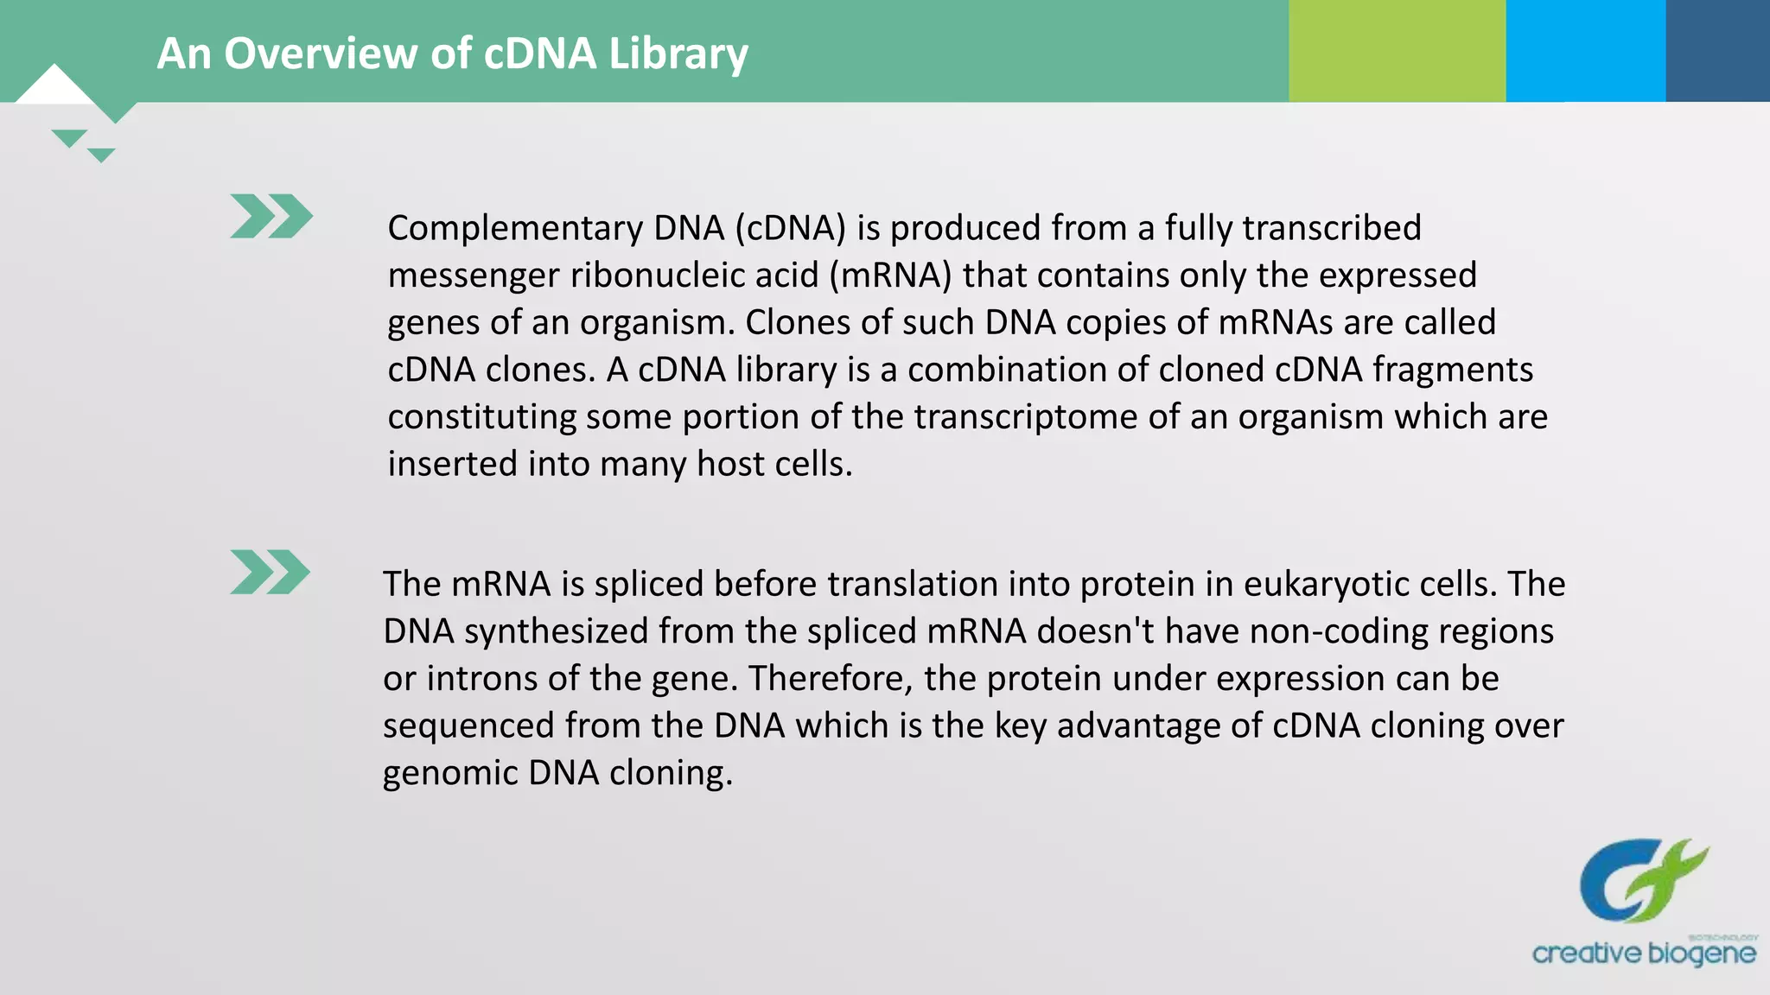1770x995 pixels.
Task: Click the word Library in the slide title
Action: (x=678, y=54)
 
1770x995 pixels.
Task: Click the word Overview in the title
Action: (x=321, y=54)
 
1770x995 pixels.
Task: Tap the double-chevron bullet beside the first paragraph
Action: (x=271, y=216)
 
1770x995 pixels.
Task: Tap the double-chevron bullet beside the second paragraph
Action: (x=270, y=572)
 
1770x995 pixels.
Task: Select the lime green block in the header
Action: (x=1397, y=50)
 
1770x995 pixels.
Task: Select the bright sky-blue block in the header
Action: (x=1585, y=50)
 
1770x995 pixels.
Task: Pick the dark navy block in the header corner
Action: (x=1717, y=50)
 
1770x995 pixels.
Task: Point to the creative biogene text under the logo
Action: (x=1643, y=954)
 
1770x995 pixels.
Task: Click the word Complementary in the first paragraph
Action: (x=515, y=229)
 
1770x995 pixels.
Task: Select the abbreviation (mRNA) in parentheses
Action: (x=890, y=276)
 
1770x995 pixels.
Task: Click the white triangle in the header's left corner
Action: (x=54, y=86)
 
